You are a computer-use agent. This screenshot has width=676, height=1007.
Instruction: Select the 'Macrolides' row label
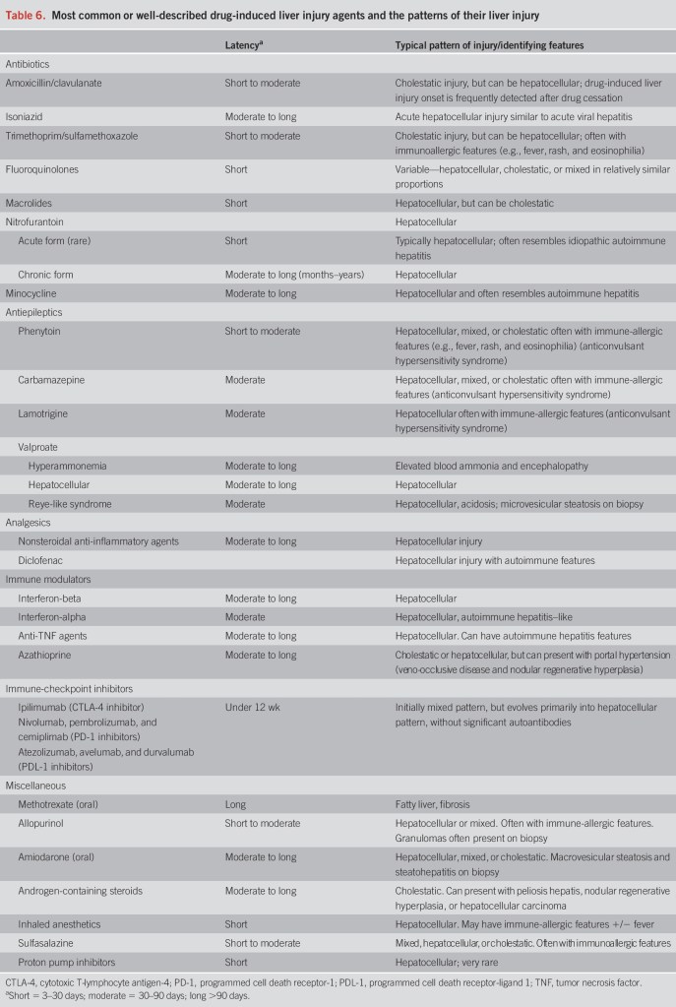31,203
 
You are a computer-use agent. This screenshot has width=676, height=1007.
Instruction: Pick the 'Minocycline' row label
31,292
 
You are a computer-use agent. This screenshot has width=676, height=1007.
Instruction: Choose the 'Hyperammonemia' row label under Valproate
64,466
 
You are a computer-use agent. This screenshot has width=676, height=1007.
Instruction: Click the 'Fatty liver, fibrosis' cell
432,804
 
